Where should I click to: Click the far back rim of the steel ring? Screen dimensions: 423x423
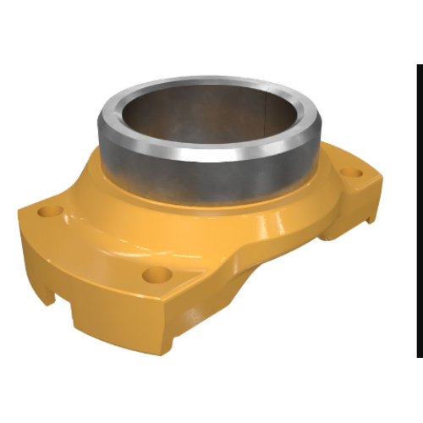[x=211, y=82]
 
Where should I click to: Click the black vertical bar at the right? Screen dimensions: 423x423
[x=418, y=211]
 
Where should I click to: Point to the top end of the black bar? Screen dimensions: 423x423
[x=418, y=66]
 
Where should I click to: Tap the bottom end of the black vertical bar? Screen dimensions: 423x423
[x=418, y=355]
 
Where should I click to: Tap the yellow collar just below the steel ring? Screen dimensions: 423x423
[x=211, y=211]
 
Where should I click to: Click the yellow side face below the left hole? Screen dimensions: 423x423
[x=34, y=254]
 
